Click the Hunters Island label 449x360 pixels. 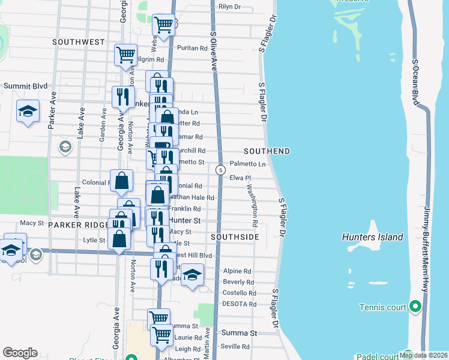pyautogui.click(x=372, y=237)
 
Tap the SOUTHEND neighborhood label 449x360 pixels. pyautogui.click(x=267, y=151)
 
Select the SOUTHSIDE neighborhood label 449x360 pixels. pyautogui.click(x=235, y=238)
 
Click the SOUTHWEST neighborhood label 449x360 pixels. pyautogui.click(x=78, y=42)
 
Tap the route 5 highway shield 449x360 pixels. pyautogui.click(x=221, y=171)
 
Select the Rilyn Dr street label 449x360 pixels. pyautogui.click(x=229, y=7)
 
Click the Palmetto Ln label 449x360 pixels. pyautogui.click(x=248, y=164)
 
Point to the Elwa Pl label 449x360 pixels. pyautogui.click(x=240, y=178)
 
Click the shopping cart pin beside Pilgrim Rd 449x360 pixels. pyautogui.click(x=125, y=54)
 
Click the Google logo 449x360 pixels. pyautogui.click(x=20, y=352)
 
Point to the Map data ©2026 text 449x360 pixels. pyautogui.click(x=423, y=355)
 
